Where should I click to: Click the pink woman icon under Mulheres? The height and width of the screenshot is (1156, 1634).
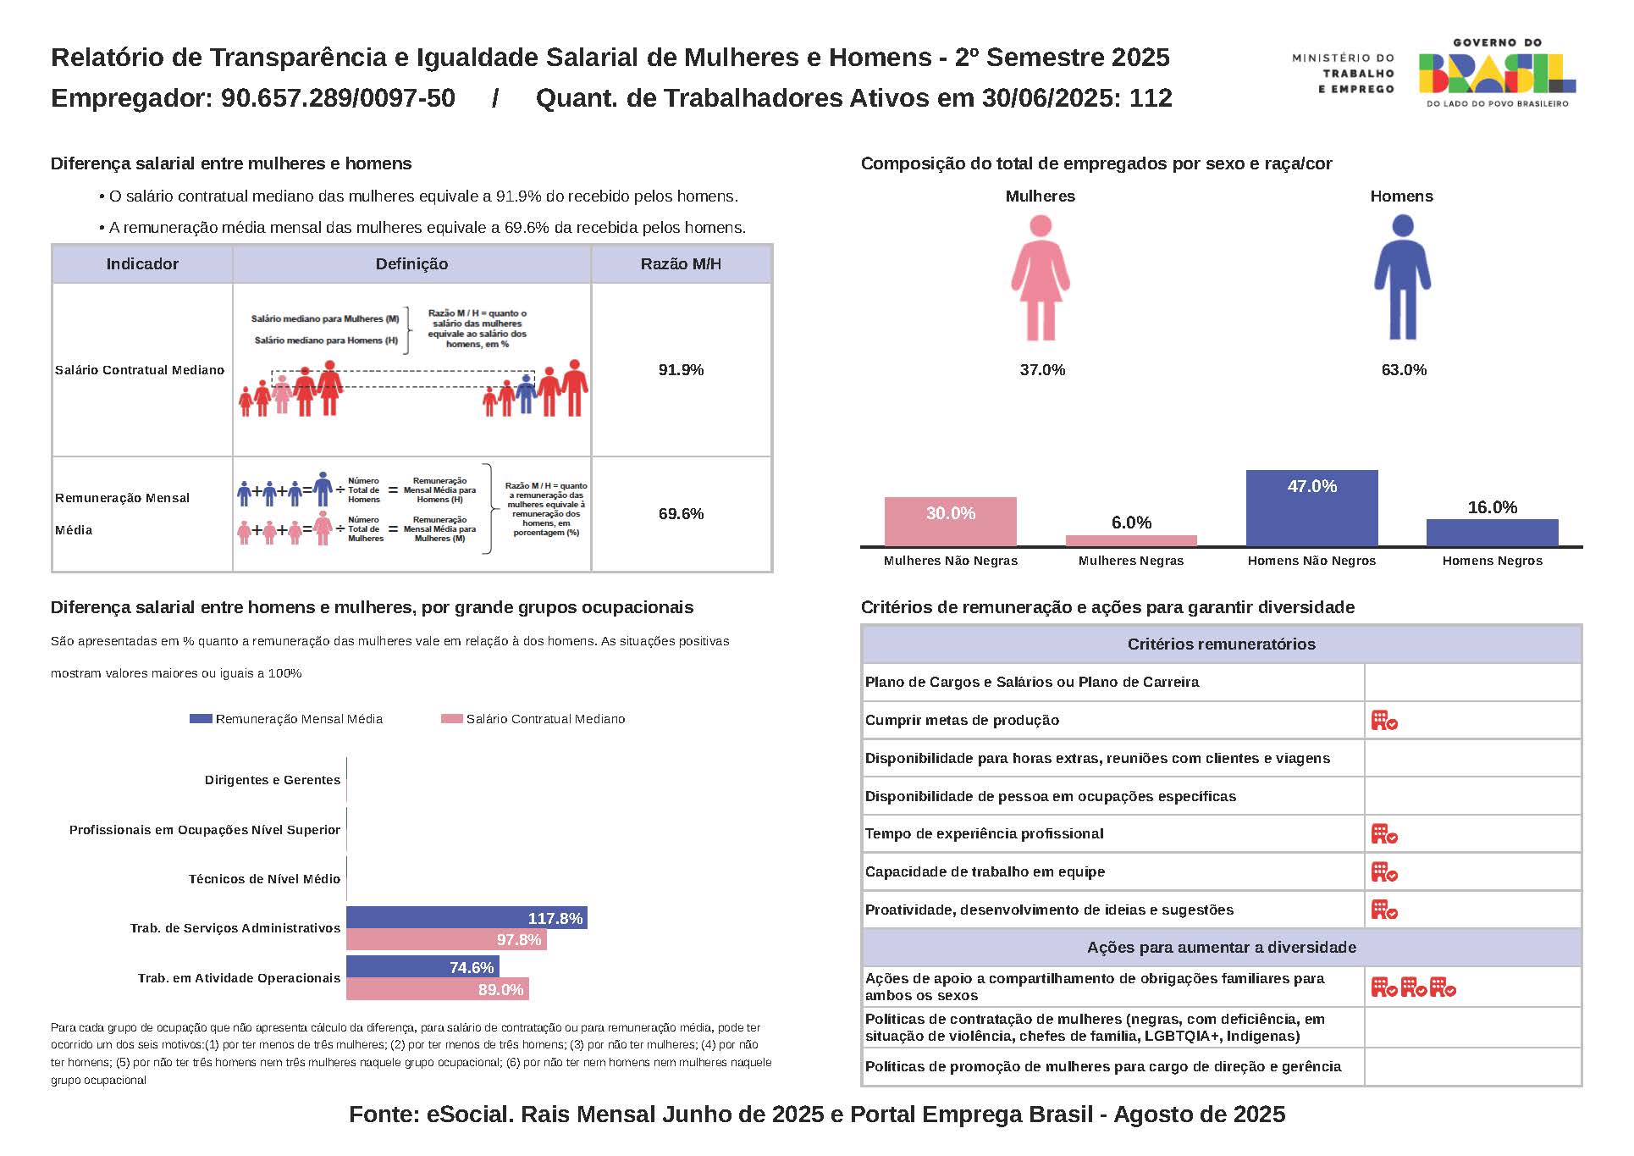1041,278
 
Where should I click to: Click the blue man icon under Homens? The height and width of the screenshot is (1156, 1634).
1402,278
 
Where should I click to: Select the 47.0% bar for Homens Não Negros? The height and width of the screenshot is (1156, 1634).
1311,508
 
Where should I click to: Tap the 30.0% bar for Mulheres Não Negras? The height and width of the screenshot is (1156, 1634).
950,522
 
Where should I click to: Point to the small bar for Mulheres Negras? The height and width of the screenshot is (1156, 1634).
1131,540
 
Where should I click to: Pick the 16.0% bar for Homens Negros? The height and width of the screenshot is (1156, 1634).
1492,533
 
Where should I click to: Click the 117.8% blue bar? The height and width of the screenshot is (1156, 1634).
466,918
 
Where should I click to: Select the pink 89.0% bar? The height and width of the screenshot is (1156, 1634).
438,989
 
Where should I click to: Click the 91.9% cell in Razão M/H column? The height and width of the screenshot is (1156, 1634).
681,370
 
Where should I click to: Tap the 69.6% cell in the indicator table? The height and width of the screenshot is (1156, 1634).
681,514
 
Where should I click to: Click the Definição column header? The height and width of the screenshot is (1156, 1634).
411,264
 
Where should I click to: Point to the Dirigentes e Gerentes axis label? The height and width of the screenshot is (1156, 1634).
273,780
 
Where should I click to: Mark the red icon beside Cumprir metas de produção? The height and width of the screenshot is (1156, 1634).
1384,721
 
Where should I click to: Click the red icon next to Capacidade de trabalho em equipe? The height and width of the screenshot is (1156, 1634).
1384,872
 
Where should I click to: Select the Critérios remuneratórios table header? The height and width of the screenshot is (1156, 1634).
1221,644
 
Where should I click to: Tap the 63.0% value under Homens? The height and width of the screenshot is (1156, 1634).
1404,370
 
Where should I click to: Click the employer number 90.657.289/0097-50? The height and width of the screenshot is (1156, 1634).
338,98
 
